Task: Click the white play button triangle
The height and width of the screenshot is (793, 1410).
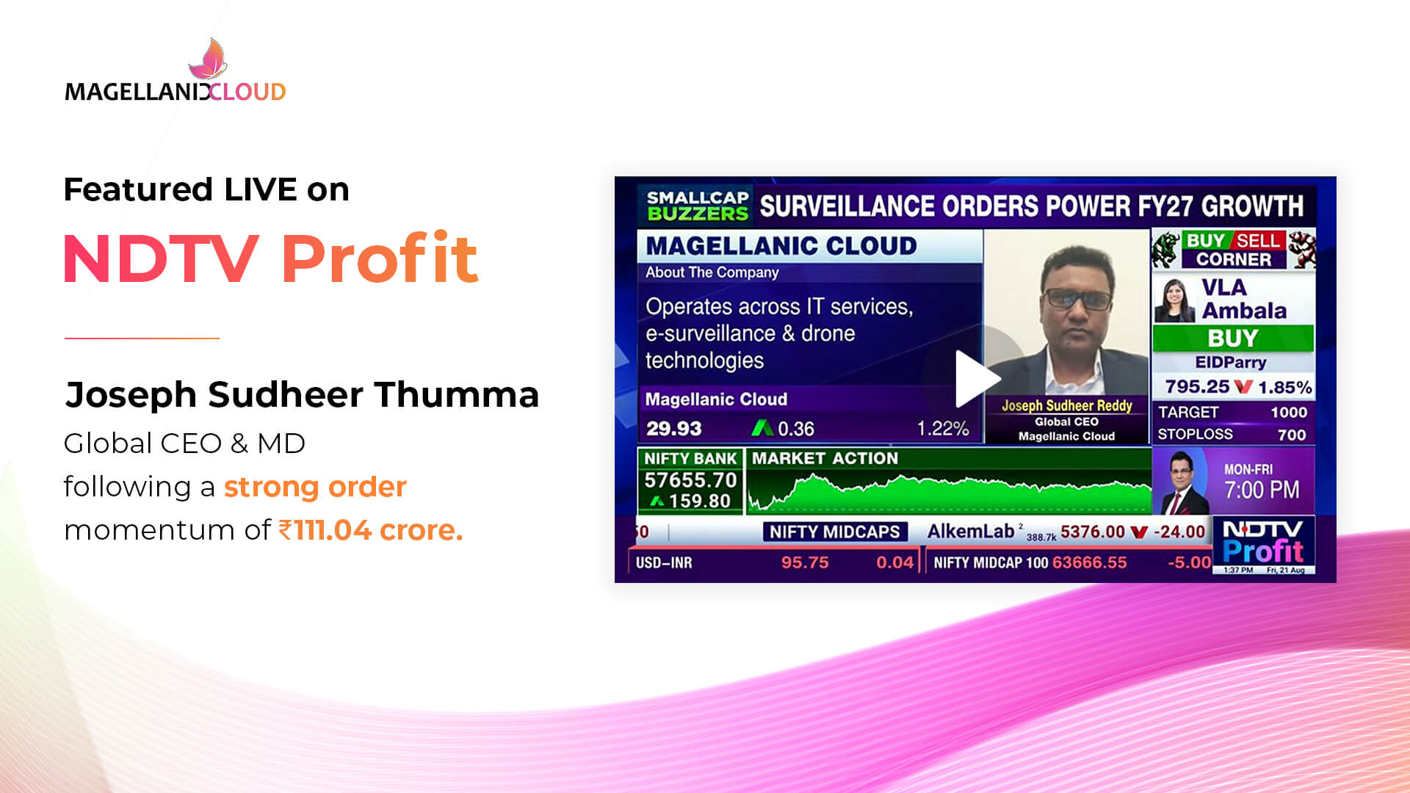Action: tap(975, 379)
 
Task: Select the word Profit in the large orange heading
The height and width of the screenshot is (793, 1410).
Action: tap(380, 258)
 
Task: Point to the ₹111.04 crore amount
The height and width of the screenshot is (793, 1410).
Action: tap(370, 530)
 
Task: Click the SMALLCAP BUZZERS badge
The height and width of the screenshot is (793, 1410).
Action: tap(698, 206)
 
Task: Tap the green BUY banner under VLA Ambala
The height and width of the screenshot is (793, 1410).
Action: tap(1233, 338)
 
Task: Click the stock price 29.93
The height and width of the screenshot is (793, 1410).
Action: tap(674, 429)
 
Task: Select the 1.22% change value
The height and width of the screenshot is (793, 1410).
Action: tap(943, 429)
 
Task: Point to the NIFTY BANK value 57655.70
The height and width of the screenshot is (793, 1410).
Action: tap(690, 480)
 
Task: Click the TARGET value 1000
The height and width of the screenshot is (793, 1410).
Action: tap(1289, 413)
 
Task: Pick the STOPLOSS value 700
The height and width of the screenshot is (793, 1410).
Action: tap(1292, 435)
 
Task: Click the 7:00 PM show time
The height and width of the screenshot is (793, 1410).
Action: tap(1262, 490)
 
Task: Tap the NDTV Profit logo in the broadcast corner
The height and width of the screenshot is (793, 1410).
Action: tap(1263, 543)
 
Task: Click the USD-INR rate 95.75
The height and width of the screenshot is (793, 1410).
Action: tap(805, 562)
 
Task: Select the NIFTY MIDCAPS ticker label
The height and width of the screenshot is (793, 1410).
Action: tap(835, 532)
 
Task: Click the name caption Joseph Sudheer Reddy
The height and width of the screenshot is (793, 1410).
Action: tap(1066, 405)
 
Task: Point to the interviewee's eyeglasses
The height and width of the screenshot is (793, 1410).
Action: tap(1077, 298)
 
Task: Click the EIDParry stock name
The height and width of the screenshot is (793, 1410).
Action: tap(1231, 363)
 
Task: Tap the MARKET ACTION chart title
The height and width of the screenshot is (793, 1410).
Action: tap(825, 458)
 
